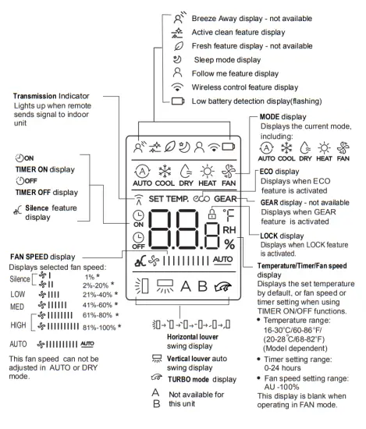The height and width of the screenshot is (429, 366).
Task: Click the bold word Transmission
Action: tap(37, 96)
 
